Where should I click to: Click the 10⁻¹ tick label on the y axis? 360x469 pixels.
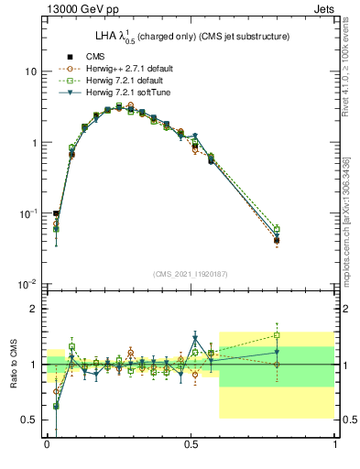click(x=27, y=214)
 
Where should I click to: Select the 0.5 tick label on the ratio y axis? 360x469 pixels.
click(x=28, y=420)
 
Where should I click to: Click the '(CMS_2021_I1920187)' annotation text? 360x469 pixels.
click(x=191, y=274)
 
